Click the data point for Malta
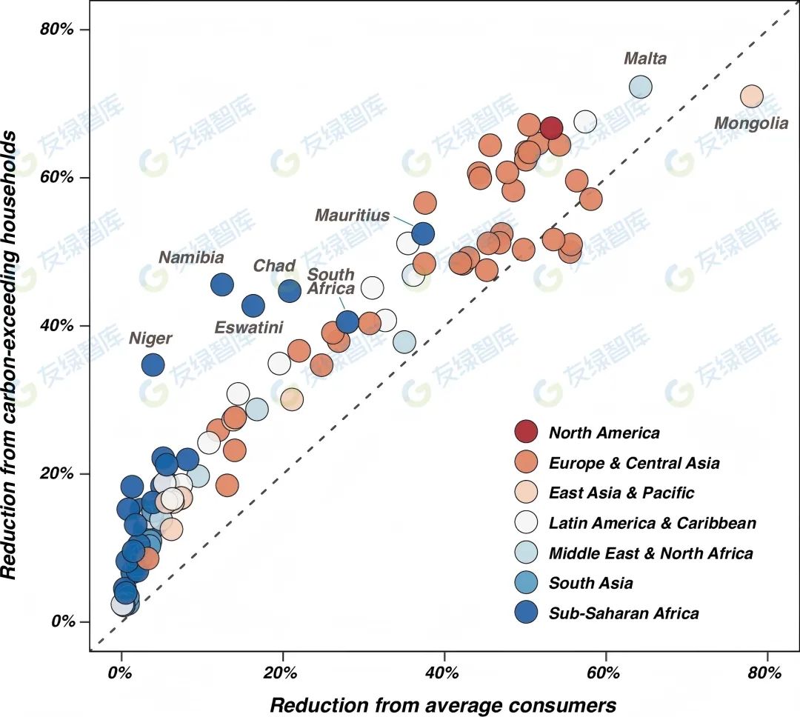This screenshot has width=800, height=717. [640, 87]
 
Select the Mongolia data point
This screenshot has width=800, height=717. [751, 96]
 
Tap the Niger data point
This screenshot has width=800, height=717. [153, 364]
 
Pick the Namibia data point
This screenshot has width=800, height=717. [222, 284]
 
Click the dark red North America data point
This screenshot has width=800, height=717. [550, 128]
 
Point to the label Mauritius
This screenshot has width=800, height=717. [352, 216]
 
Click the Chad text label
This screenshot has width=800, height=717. [274, 266]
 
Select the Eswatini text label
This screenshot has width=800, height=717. [249, 327]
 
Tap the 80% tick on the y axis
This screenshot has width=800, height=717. [73, 30]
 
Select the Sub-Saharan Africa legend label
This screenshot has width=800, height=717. [624, 613]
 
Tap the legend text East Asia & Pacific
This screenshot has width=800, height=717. [621, 493]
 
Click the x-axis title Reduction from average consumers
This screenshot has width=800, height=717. [442, 704]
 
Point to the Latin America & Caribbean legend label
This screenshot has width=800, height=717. [653, 523]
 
